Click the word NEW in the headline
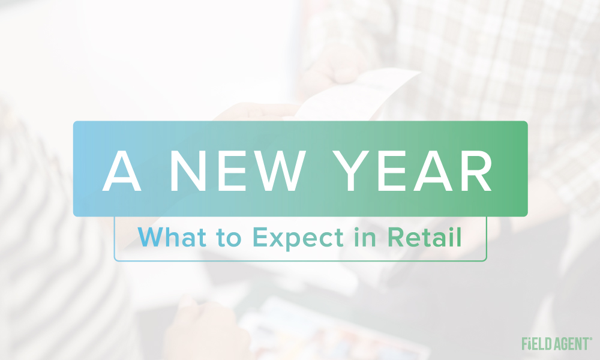(x=238, y=170)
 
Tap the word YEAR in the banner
(x=412, y=170)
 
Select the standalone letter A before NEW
(x=122, y=170)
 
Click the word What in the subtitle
(x=172, y=237)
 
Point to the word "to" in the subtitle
(x=229, y=238)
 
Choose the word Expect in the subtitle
(x=298, y=239)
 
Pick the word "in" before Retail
(x=365, y=237)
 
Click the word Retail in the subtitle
(x=424, y=237)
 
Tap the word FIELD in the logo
(x=536, y=344)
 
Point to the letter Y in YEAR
(x=350, y=170)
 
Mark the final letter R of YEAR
(x=476, y=170)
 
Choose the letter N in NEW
(x=188, y=170)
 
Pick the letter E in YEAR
(x=391, y=170)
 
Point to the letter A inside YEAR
(x=433, y=170)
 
